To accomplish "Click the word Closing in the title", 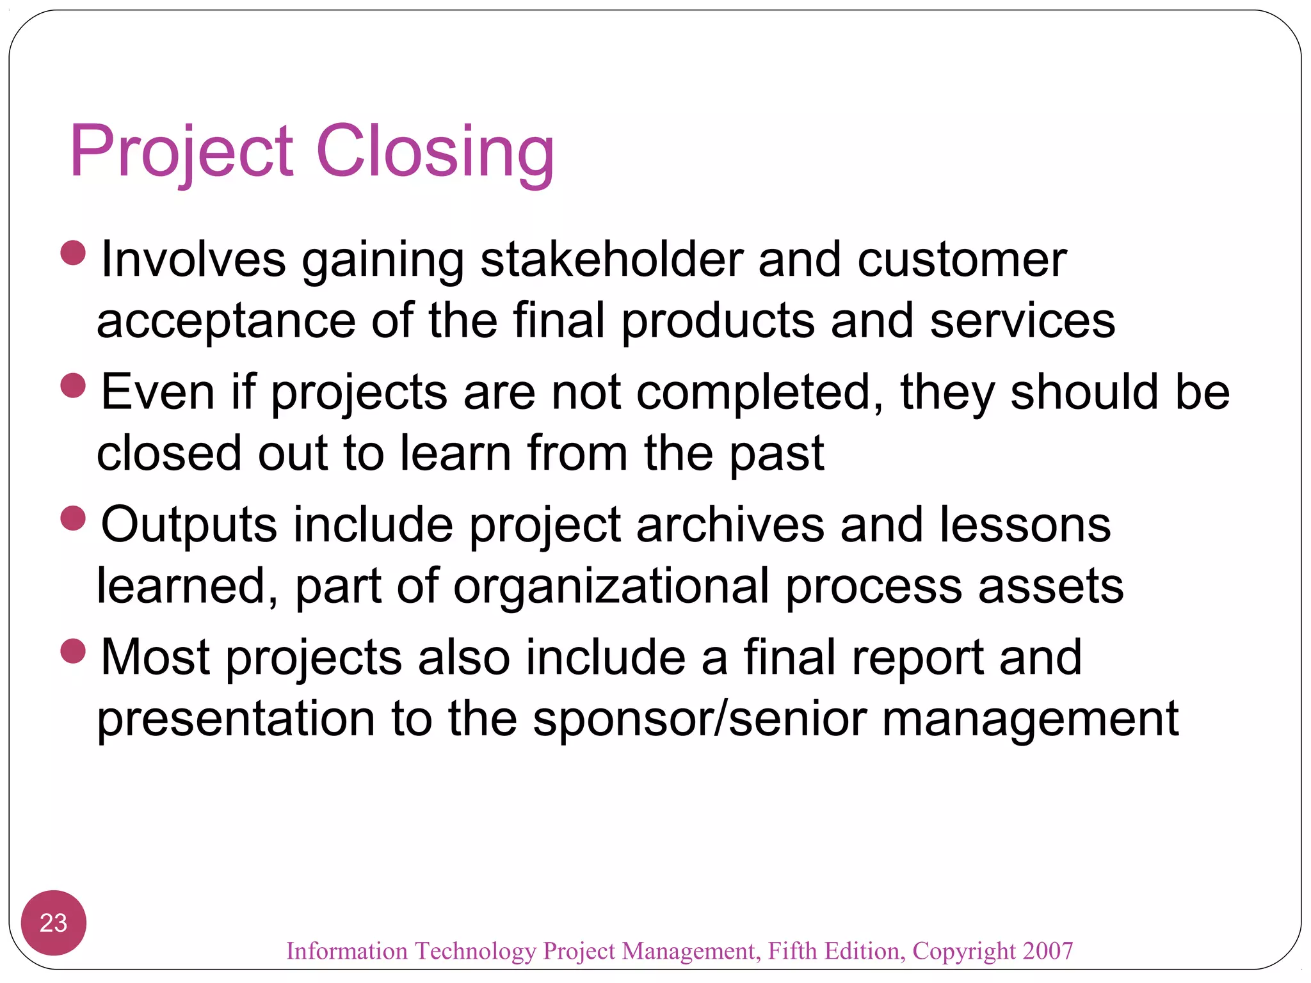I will tap(435, 152).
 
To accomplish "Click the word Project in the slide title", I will tap(182, 152).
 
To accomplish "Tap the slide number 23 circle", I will tap(53, 923).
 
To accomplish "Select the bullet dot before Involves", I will tap(73, 253).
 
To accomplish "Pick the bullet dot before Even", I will tap(73, 386).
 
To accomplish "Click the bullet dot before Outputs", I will tap(73, 518).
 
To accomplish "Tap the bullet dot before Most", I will tap(73, 651).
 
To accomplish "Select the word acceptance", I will tap(226, 322).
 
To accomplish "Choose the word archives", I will tap(730, 525).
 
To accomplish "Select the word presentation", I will tap(236, 719).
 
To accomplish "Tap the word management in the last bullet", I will tap(1030, 719).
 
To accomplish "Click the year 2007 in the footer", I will tap(1047, 951).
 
